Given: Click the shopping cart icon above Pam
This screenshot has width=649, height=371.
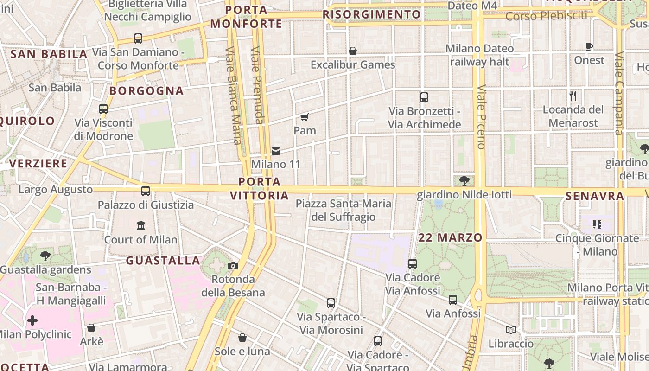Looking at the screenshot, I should coord(305,117).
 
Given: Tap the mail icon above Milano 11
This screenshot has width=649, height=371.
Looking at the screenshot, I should coord(276,151).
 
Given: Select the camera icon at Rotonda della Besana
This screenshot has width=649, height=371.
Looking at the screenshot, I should coord(233,266).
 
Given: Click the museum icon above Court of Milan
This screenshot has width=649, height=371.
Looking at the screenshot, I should coord(141,226).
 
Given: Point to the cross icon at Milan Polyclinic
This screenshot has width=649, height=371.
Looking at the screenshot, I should coord(32,320).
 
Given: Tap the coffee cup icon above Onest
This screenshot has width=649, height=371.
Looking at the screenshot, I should coord(589,46).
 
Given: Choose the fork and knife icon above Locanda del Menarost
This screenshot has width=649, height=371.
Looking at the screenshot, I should coord(573,96).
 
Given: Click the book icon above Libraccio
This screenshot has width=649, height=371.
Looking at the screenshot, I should coord(511,330).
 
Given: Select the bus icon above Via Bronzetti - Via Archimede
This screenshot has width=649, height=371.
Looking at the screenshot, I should coord(424,97).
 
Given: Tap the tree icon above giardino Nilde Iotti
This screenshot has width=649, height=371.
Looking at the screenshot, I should coord(464,181).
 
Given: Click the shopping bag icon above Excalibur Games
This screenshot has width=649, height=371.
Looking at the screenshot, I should coord(353,51).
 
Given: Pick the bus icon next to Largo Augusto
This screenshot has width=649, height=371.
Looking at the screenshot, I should coord(146,191).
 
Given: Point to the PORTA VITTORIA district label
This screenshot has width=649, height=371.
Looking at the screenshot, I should coord(260,188).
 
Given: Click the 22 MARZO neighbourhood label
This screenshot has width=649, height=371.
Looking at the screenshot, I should coord(450,238).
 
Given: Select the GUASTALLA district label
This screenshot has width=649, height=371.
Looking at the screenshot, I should coord(163,261).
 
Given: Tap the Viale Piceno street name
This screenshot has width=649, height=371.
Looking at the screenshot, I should coord(481,117).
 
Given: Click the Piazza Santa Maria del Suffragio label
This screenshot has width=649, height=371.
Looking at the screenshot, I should coord(344,210).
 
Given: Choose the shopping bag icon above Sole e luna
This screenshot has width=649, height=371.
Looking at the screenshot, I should coord(242,338).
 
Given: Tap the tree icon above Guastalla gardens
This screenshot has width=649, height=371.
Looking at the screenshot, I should coord(45,256).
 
